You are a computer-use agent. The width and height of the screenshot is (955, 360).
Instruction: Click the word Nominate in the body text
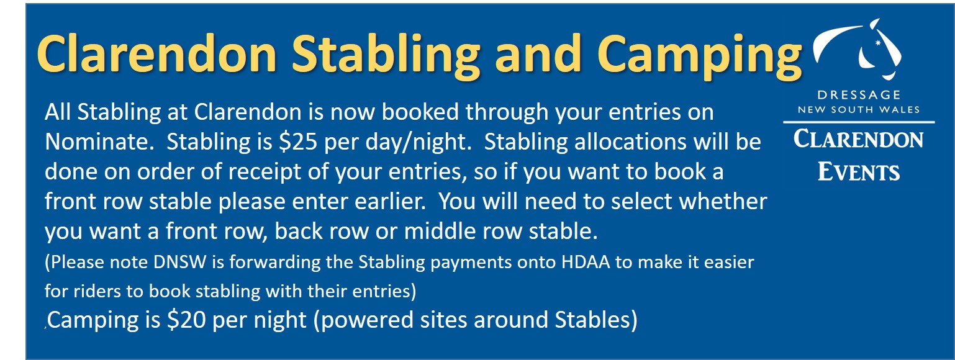99,142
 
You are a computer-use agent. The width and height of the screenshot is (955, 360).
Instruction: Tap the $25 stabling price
298,142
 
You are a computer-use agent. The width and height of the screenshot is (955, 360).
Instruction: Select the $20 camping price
186,320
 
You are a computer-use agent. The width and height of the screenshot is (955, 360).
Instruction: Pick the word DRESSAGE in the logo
859,94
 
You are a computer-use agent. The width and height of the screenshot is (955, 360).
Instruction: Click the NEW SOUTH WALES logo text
859,109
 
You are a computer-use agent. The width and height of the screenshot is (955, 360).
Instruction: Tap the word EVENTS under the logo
859,172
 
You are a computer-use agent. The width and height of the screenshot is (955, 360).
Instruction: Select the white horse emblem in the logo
857,49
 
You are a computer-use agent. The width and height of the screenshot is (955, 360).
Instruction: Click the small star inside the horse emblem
878,43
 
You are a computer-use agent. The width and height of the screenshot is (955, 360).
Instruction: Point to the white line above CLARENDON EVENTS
859,122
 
